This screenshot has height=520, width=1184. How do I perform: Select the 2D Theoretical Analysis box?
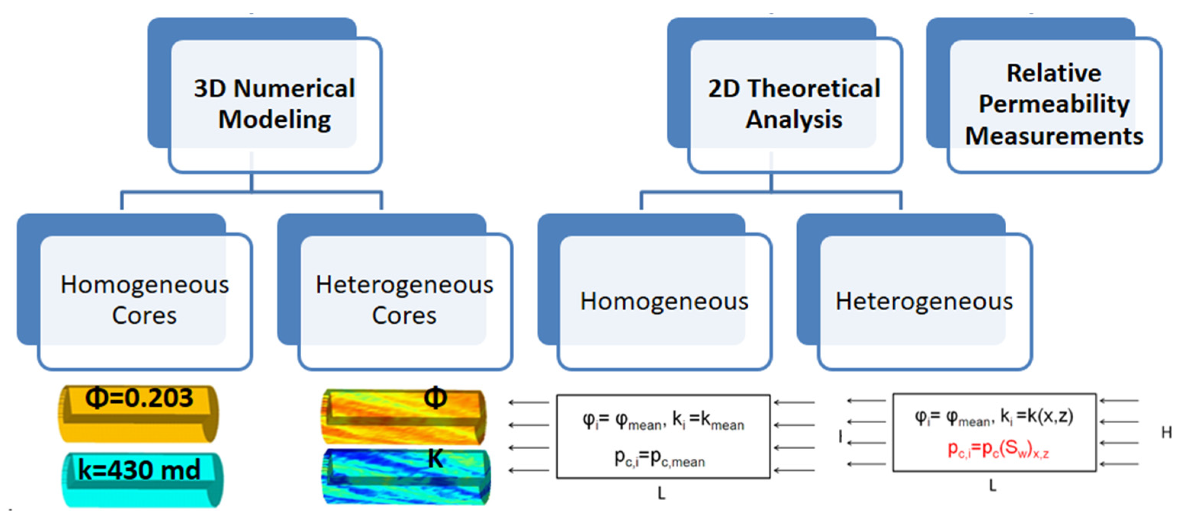pyautogui.click(x=794, y=104)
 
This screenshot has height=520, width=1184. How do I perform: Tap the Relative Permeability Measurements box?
pyautogui.click(x=1054, y=104)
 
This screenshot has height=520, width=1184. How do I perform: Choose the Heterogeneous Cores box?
pyautogui.click(x=404, y=300)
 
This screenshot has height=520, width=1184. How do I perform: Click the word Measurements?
pyautogui.click(x=1054, y=136)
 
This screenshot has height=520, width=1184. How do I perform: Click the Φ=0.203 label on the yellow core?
pyautogui.click(x=139, y=398)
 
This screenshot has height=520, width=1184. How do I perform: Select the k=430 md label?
pyautogui.click(x=139, y=469)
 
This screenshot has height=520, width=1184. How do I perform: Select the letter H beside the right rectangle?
pyautogui.click(x=1166, y=432)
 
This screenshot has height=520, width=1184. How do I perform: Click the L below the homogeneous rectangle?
pyautogui.click(x=661, y=493)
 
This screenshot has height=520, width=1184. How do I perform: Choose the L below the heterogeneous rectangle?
pyautogui.click(x=993, y=486)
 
